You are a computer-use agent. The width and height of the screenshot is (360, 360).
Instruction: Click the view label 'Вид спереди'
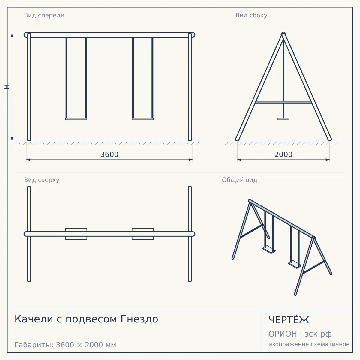click(44, 16)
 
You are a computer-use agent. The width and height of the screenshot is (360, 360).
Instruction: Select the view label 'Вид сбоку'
click(251, 16)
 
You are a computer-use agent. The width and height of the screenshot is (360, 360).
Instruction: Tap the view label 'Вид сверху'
click(42, 180)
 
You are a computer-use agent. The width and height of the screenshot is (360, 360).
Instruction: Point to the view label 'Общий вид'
click(239, 180)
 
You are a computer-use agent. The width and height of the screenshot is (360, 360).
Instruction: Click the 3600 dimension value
click(109, 154)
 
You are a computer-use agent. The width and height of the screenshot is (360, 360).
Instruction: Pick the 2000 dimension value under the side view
click(283, 154)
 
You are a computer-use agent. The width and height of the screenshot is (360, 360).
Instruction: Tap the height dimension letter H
click(6, 87)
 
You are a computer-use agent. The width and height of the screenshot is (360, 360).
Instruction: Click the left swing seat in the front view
click(76, 119)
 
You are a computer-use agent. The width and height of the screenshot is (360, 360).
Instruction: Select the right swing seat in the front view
click(143, 119)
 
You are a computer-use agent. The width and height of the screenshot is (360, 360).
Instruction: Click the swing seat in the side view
click(283, 119)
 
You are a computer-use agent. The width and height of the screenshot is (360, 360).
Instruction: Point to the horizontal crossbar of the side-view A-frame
click(283, 102)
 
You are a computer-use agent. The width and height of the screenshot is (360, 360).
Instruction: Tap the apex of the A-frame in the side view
click(283, 34)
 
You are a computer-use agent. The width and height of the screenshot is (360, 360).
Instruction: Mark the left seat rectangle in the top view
click(76, 234)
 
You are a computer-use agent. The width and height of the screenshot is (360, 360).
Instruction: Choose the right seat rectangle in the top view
click(143, 234)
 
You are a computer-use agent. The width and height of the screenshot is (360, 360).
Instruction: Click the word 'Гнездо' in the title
click(139, 319)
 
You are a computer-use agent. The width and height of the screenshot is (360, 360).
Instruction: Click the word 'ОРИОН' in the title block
click(283, 334)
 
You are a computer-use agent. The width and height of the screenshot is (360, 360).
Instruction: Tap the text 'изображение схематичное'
click(309, 344)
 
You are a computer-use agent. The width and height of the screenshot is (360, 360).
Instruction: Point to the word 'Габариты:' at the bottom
click(34, 345)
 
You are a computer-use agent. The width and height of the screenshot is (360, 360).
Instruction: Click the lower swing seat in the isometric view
click(295, 265)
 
